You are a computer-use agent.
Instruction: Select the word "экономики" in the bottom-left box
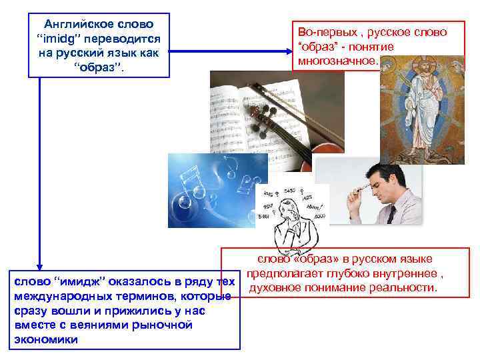45,339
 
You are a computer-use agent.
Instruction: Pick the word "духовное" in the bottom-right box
273,287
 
